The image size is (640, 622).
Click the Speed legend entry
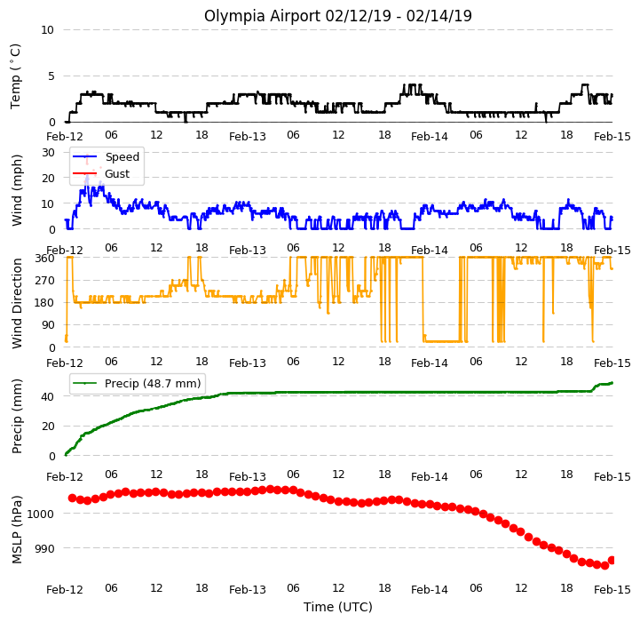click(122, 157)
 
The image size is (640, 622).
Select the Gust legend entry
click(117, 173)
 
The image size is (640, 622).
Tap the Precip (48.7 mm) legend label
click(153, 383)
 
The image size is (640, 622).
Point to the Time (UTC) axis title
click(338, 607)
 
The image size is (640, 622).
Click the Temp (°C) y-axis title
click(15, 76)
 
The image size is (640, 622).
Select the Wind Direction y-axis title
click(17, 303)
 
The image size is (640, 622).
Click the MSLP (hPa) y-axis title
click(17, 530)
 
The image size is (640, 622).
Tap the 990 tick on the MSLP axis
click(45, 548)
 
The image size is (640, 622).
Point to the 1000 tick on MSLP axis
click(41, 514)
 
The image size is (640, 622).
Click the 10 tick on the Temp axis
click(48, 30)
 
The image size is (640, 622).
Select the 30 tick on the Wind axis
click(48, 153)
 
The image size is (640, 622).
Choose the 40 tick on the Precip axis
click(48, 396)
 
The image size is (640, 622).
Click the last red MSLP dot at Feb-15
click(612, 561)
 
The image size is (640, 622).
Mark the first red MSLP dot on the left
click(72, 498)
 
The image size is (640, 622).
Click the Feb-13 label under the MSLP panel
click(248, 590)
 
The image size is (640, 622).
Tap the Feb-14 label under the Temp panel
click(430, 137)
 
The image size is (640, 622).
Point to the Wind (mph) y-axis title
click(17, 190)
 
